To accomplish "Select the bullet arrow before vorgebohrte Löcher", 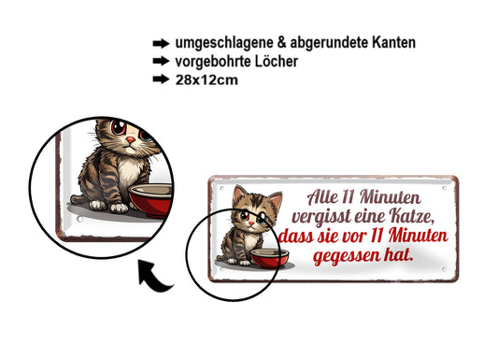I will point(160,62).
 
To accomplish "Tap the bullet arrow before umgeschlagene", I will point(160,43).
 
